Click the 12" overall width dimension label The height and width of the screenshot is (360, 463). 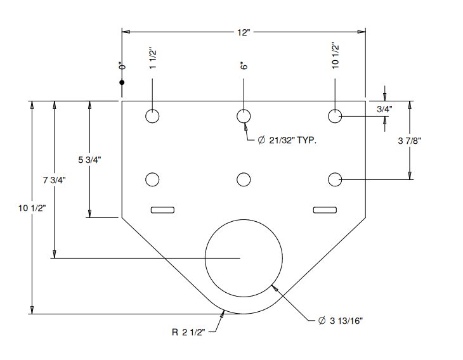(x=244, y=32)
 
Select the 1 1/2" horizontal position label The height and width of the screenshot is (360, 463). (x=153, y=59)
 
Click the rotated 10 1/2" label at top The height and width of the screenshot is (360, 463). (x=335, y=57)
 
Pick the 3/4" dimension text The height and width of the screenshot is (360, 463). (x=384, y=109)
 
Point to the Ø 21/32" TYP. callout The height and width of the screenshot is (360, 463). (x=287, y=140)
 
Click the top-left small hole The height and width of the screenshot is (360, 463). (x=152, y=116)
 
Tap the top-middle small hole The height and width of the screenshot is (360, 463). (x=243, y=116)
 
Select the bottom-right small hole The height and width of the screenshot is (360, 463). (x=335, y=180)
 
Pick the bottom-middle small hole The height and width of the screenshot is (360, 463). (x=243, y=180)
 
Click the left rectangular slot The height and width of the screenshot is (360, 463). (x=163, y=210)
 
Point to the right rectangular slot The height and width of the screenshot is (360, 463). (x=325, y=210)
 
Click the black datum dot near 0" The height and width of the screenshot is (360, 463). (x=122, y=82)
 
